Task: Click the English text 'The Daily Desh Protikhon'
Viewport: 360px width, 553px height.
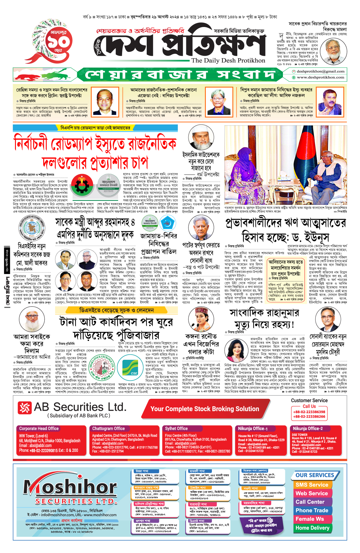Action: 228,60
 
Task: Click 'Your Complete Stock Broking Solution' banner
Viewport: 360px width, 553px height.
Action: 205,409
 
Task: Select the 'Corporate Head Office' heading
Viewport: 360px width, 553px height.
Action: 39,428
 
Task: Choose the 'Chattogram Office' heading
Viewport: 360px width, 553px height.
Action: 108,428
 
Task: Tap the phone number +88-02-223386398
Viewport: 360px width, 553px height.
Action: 309,412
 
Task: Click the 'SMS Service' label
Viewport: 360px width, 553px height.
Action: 312,485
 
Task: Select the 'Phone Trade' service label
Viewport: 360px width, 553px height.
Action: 312,510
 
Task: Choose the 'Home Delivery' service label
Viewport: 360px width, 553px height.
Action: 312,528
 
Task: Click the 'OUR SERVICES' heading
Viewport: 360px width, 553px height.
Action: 315,475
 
